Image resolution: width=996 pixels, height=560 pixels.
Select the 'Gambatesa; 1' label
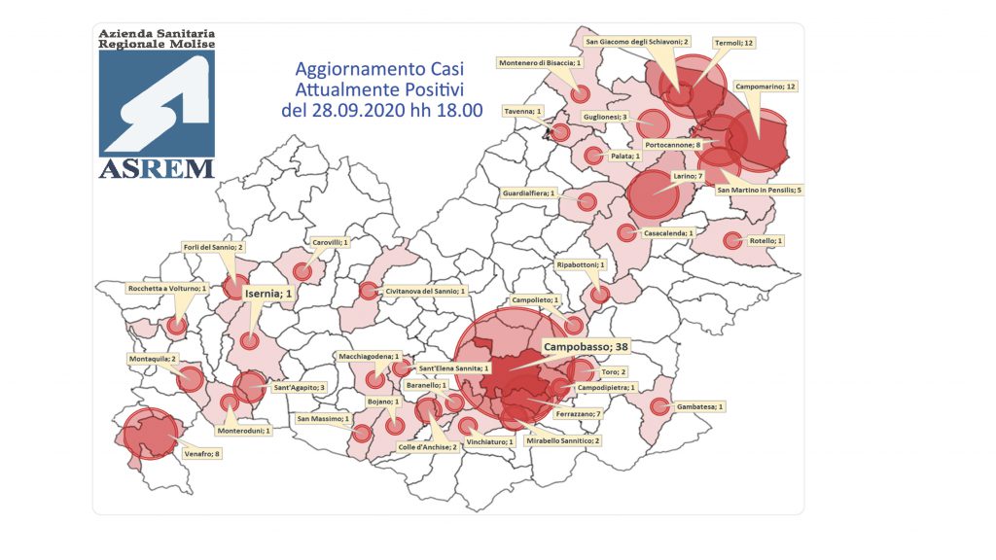tap(700, 405)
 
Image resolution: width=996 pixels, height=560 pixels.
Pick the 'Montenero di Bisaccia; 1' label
tap(540, 63)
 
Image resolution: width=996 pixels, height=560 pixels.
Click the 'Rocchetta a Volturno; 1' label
tap(167, 289)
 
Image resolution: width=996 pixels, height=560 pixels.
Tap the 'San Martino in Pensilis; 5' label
tap(759, 190)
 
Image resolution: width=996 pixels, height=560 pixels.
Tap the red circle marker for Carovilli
tap(303, 271)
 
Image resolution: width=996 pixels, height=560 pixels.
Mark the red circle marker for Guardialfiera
tap(587, 201)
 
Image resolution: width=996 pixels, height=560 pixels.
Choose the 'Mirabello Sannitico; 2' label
tap(564, 440)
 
